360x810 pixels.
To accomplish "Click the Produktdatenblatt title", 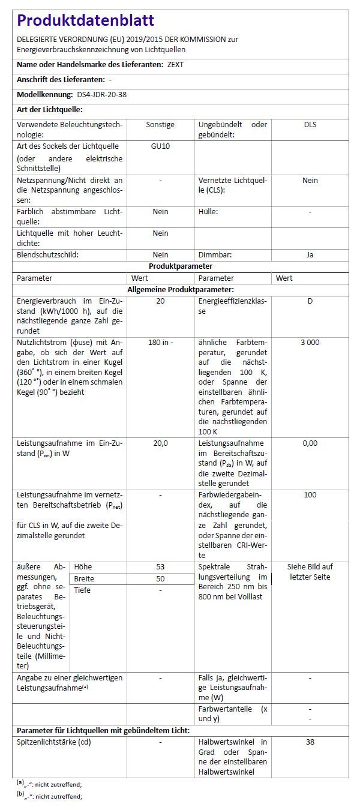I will pyautogui.click(x=86, y=21).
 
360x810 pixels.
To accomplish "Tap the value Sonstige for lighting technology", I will pyautogui.click(x=160, y=125).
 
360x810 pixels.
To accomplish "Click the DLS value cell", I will pyautogui.click(x=310, y=125).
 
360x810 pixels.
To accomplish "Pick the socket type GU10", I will pyautogui.click(x=160, y=146).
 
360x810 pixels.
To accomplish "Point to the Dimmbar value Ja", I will pyautogui.click(x=310, y=255).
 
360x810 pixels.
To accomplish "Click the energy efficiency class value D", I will pyautogui.click(x=310, y=301).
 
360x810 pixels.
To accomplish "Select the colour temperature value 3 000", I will pyautogui.click(x=310, y=343).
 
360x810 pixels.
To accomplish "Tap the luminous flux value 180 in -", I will pyautogui.click(x=160, y=343).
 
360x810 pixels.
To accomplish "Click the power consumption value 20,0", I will pyautogui.click(x=160, y=443).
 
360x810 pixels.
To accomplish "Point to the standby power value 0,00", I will pyautogui.click(x=310, y=443).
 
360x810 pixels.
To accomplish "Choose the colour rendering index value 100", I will pyautogui.click(x=310, y=495).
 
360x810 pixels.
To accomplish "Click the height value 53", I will pyautogui.click(x=160, y=566).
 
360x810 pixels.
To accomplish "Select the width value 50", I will pyautogui.click(x=160, y=578).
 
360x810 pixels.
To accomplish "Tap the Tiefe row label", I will pyautogui.click(x=82, y=590).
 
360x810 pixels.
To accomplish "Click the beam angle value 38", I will pyautogui.click(x=310, y=742).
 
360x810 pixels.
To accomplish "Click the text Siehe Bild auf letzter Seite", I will pyautogui.click(x=310, y=572).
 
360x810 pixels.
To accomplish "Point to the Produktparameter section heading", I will pyautogui.click(x=181, y=266).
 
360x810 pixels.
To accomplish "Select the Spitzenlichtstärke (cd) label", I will pyautogui.click(x=54, y=742).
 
